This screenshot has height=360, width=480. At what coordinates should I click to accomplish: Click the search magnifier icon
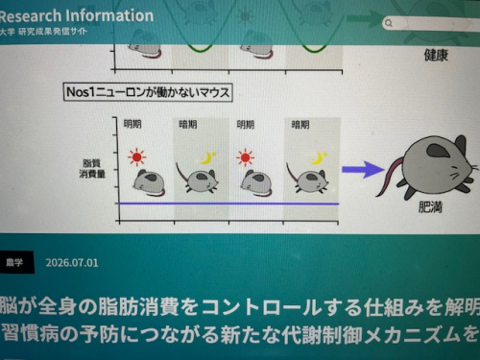tap(389, 23)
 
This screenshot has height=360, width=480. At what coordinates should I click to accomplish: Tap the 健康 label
tap(436, 55)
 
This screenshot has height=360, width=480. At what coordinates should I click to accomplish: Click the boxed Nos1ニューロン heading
tap(148, 92)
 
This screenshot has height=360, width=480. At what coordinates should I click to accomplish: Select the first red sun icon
tap(137, 157)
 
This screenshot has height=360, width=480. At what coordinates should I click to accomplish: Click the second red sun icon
tap(246, 157)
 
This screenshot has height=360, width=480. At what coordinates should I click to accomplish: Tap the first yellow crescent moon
tap(207, 157)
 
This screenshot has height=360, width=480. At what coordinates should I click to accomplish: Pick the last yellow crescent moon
tap(319, 158)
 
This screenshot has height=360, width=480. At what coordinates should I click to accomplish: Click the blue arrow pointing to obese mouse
tap(363, 170)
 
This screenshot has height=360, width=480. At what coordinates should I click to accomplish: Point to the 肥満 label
tap(430, 207)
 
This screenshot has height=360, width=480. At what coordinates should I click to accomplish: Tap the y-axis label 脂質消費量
tap(92, 169)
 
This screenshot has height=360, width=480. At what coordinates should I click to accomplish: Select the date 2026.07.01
tap(72, 263)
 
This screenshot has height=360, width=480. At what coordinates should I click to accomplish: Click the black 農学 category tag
tap(14, 262)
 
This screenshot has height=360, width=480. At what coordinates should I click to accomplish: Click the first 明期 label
tap(132, 124)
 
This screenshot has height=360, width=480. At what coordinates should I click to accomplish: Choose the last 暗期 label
tap(300, 124)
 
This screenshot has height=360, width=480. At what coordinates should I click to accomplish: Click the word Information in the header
tap(110, 15)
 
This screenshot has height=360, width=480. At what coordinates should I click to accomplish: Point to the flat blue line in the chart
tap(228, 204)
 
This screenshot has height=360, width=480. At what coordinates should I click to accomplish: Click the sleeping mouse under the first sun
tap(150, 183)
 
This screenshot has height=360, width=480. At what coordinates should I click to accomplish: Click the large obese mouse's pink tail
tap(390, 176)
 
